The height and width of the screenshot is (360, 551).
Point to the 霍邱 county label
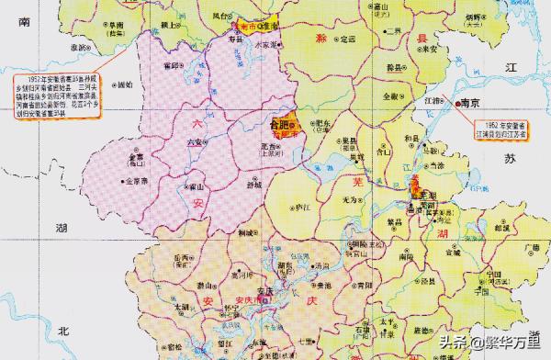click(x=169, y=66)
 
